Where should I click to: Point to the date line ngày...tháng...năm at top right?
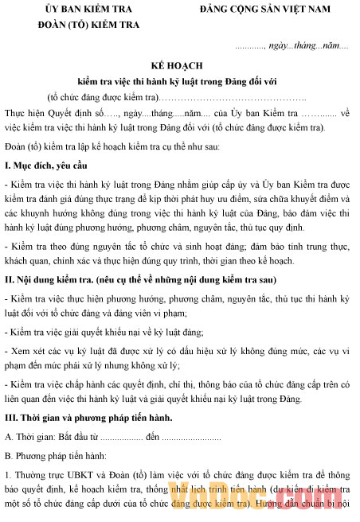[x=292, y=45]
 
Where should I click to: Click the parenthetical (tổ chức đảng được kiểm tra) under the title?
[x=103, y=96]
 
